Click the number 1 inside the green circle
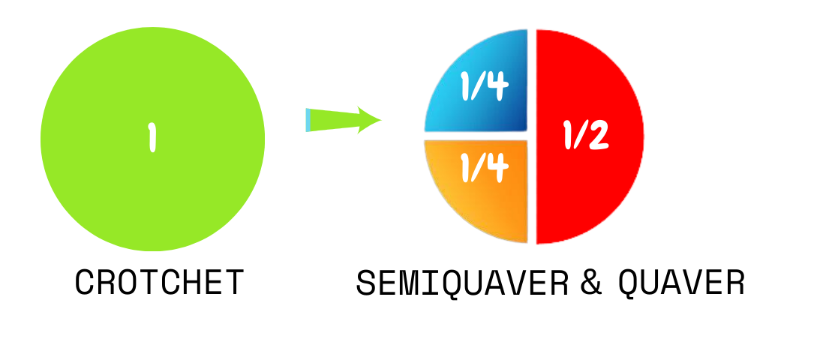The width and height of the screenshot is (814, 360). [x=152, y=137]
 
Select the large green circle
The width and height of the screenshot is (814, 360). [x=152, y=139]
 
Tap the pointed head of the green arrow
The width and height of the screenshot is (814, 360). [x=380, y=120]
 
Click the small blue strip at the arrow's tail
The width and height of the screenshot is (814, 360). [x=308, y=120]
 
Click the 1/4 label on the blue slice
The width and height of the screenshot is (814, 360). [x=484, y=85]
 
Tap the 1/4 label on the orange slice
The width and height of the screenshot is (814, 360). [x=484, y=168]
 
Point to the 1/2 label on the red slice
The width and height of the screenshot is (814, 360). [x=586, y=136]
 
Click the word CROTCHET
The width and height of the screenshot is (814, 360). [x=159, y=282]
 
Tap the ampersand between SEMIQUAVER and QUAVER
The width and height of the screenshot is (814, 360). [x=590, y=283]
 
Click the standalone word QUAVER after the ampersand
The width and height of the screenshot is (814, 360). [x=681, y=283]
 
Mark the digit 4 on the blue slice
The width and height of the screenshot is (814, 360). [x=497, y=87]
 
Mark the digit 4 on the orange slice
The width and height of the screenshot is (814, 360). [x=497, y=169]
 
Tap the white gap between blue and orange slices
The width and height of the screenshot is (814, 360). [x=476, y=136]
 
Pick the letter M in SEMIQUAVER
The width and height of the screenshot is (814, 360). [x=419, y=283]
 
